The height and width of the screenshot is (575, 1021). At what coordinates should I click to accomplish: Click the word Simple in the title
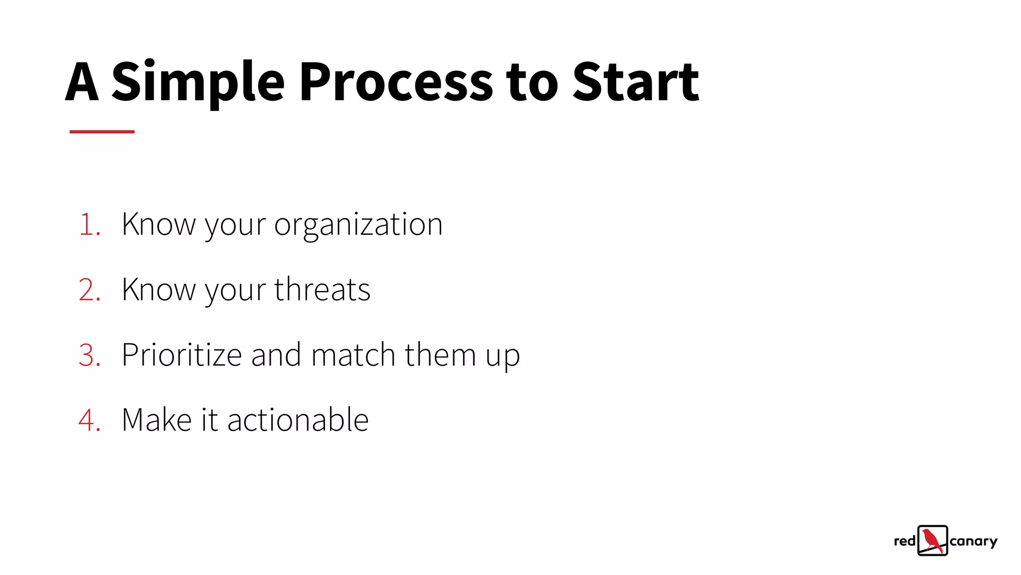coord(197,82)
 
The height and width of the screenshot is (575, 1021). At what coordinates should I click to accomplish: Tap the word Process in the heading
coord(396,82)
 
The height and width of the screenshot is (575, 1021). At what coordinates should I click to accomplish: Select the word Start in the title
coord(636,82)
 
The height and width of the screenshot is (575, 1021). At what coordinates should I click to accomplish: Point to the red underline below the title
coord(102,132)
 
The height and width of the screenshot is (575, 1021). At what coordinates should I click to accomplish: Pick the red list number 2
coord(88,290)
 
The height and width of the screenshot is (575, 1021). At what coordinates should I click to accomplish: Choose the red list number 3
coord(88,355)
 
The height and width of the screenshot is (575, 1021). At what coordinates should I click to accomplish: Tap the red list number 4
coord(88,420)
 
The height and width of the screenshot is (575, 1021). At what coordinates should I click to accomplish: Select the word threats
coord(322,289)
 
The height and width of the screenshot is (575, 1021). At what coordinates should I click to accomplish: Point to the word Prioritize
coord(181,355)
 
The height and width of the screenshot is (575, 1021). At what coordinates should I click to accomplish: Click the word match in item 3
coord(353,355)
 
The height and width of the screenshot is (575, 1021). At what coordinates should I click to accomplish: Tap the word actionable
coord(298,420)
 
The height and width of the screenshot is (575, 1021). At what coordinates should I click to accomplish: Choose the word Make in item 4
coord(157,420)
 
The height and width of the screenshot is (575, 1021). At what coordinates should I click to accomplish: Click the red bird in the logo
coord(932,540)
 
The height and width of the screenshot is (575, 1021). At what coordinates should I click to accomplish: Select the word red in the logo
coord(904,541)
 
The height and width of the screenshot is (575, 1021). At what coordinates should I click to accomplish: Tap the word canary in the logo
coord(973,542)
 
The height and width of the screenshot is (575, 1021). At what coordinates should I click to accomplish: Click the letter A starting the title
coord(82,82)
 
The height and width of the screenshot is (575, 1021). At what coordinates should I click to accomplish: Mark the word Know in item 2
coord(159,290)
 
